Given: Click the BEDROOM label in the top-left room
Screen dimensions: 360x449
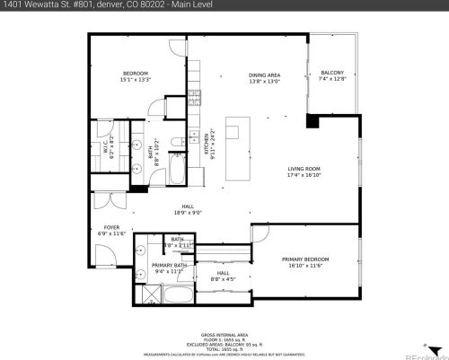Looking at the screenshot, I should click(x=136, y=74).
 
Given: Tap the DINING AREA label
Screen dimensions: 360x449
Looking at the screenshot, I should click(x=264, y=75).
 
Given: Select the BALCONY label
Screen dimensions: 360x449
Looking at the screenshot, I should click(x=331, y=74).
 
